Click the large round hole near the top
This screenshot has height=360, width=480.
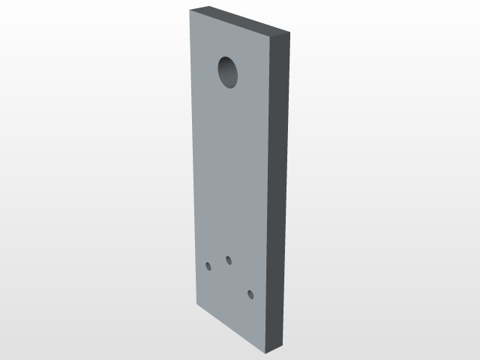click(x=229, y=72)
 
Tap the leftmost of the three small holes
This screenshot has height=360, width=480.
click(x=208, y=265)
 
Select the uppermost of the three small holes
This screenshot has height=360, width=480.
click(x=229, y=260)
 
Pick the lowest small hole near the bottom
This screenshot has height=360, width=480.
click(x=250, y=295)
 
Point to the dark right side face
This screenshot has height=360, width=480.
click(x=278, y=187)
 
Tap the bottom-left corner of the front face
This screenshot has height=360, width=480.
click(x=196, y=305)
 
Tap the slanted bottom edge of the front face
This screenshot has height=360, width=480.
click(x=232, y=328)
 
